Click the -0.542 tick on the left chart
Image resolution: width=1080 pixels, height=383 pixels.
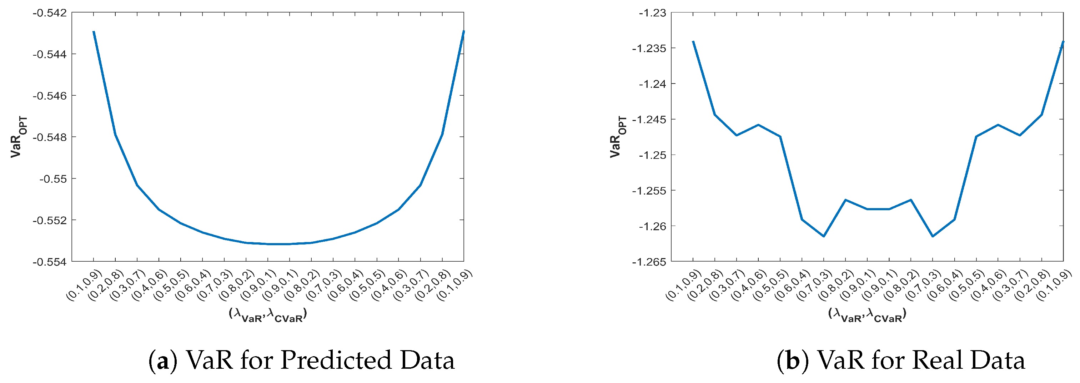click(50, 13)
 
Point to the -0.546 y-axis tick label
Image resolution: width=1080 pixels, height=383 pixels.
click(50, 96)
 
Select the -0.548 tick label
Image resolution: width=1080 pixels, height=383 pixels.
click(50, 137)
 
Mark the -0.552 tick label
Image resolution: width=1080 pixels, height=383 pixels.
click(50, 221)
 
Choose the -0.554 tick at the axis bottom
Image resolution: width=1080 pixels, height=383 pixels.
click(50, 262)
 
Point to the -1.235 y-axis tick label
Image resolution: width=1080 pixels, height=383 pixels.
click(649, 49)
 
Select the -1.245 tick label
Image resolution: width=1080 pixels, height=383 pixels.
click(649, 120)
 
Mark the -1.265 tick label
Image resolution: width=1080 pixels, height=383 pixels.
click(649, 262)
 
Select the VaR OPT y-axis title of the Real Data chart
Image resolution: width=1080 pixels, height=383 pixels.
click(618, 137)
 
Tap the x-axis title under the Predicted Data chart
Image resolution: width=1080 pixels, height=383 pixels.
click(268, 315)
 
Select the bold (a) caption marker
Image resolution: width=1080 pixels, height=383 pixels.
click(163, 361)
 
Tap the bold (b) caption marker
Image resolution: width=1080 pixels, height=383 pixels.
click(792, 361)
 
